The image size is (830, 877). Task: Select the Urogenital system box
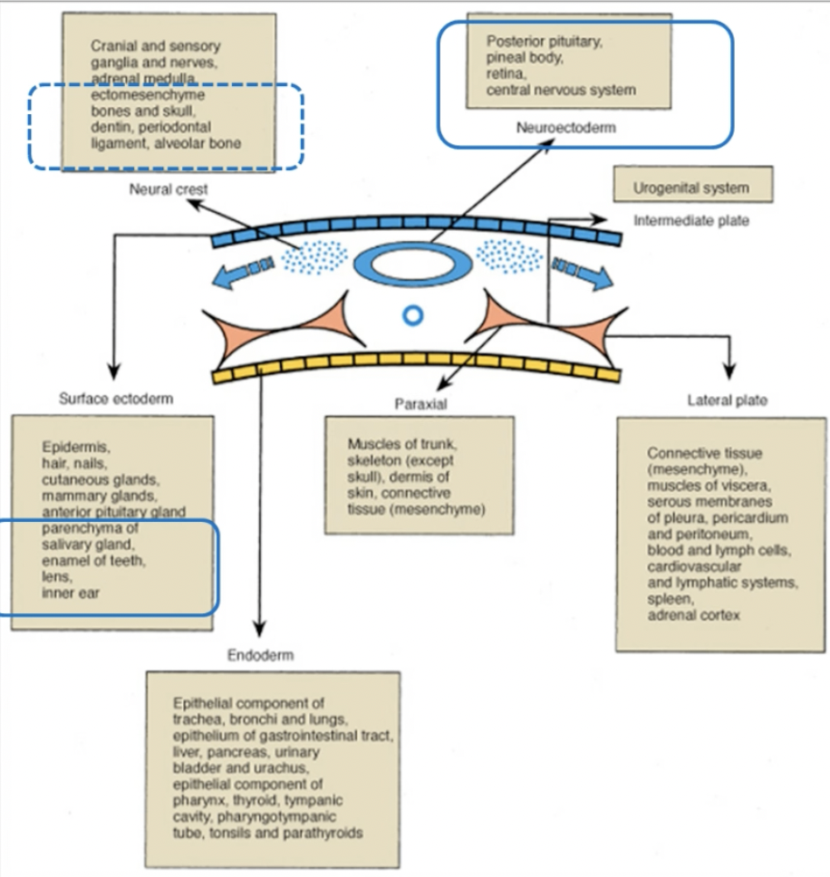[693, 188]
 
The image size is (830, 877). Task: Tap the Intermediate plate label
[691, 220]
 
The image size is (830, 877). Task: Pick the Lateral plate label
[727, 400]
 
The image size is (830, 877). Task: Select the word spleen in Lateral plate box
[669, 600]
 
